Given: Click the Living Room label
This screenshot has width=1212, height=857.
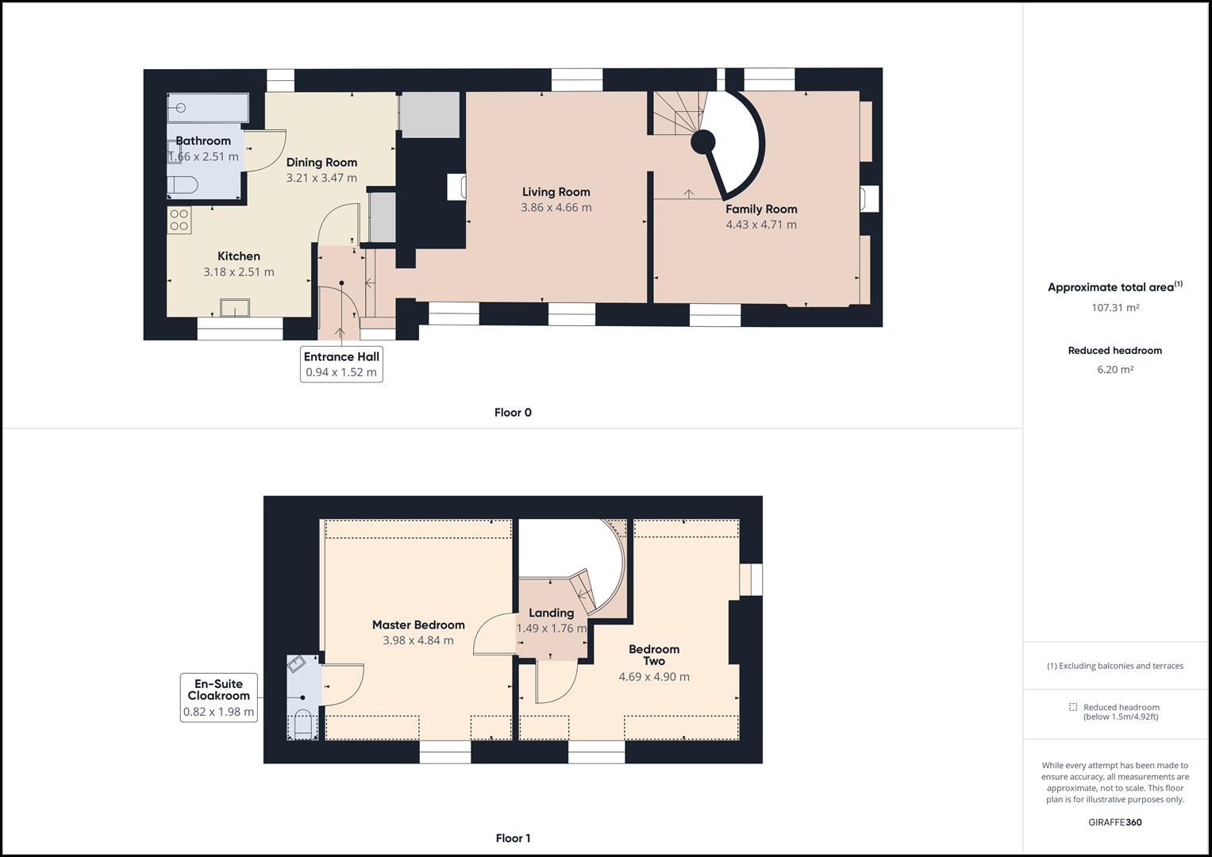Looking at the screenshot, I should tap(556, 191).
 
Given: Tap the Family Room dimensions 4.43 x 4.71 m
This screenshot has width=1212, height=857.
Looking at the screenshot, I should tap(760, 225).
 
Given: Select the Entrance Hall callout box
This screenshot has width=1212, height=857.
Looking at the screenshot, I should tap(341, 364).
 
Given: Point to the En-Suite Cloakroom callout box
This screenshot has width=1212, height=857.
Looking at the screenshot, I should tap(218, 698).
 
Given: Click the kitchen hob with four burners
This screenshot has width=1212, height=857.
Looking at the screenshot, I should tap(179, 220).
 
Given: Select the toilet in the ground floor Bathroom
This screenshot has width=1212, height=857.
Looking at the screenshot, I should tap(183, 186).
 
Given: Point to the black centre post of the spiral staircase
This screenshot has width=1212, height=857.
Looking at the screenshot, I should tap(702, 143).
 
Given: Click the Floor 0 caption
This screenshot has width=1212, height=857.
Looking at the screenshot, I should tap(513, 413).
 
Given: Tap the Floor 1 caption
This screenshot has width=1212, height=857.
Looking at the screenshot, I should tap(513, 838).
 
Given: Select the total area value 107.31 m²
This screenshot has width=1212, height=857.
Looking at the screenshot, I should tap(1114, 308).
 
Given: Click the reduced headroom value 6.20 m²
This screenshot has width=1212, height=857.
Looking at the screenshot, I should tap(1114, 369).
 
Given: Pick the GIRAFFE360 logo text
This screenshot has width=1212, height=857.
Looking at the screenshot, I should tap(1114, 822).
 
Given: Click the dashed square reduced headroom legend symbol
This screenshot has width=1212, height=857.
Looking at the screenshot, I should tap(1073, 707).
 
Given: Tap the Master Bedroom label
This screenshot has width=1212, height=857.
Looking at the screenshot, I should tap(418, 624).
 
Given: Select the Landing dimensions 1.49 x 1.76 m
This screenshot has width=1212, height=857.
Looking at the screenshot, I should tap(552, 628).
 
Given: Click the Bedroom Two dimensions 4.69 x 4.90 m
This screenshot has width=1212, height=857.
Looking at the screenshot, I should tap(654, 677).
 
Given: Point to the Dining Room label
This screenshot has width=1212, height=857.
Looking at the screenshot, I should tap(321, 162).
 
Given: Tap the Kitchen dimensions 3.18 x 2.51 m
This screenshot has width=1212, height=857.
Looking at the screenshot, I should tap(239, 271).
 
